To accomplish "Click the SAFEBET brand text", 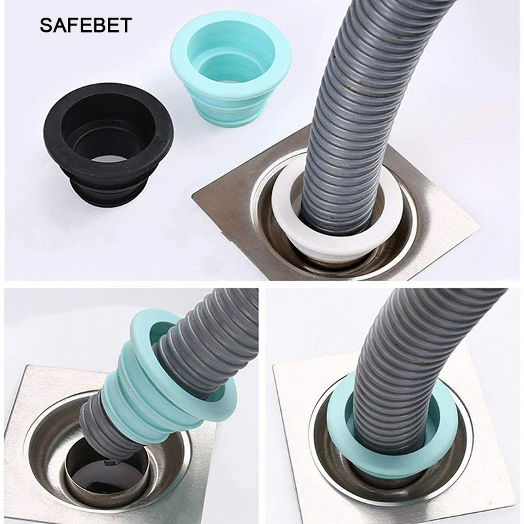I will pyautogui.click(x=86, y=26).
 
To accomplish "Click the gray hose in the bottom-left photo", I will pyautogui.click(x=216, y=321).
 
